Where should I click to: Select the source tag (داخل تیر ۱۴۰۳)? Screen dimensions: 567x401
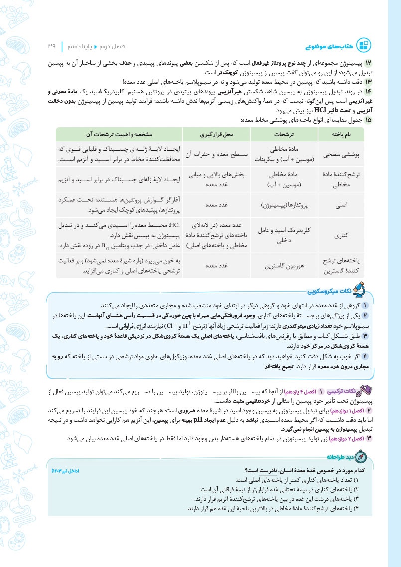coord(66,470)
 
